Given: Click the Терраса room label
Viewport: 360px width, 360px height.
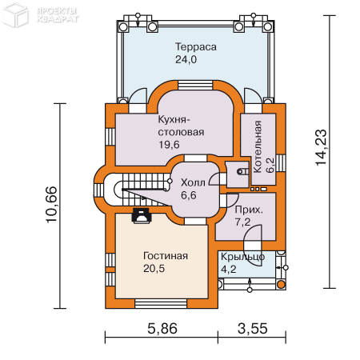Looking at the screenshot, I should click(x=196, y=47).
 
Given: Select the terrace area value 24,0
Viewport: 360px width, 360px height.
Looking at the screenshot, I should click(x=186, y=59).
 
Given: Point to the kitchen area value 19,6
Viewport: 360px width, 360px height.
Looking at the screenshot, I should click(x=170, y=144).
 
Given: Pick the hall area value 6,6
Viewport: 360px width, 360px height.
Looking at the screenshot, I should click(x=189, y=194).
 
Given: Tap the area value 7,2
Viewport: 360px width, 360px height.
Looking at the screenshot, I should click(x=244, y=222).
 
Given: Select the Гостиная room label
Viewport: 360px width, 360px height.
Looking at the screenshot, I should click(x=166, y=256).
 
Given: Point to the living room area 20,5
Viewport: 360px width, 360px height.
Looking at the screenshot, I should click(x=154, y=270).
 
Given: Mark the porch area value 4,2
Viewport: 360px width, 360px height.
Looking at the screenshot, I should click(x=230, y=270).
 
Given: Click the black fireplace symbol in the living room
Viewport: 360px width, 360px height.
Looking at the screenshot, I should click(x=142, y=214).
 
